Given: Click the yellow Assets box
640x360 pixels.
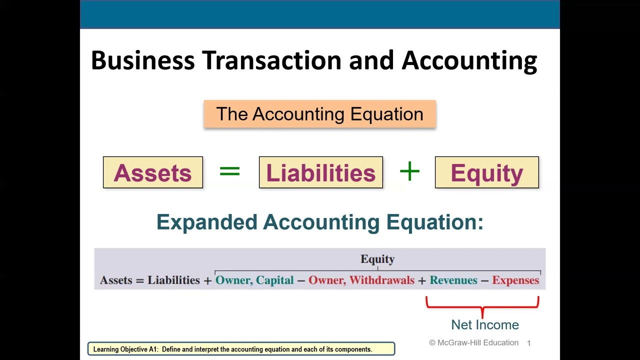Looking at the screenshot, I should (x=153, y=172).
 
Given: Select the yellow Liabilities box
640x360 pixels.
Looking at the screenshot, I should (x=320, y=172).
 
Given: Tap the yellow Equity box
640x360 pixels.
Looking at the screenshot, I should (x=486, y=172).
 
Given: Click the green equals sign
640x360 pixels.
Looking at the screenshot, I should (x=229, y=171).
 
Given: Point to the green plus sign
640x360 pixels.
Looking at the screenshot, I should (x=409, y=171).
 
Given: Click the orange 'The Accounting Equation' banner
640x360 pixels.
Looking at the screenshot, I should (x=319, y=114).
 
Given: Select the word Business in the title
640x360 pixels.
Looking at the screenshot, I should (x=142, y=60).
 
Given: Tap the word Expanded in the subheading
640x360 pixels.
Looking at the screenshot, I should (x=206, y=222).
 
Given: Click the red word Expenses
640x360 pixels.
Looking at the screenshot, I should (x=515, y=280).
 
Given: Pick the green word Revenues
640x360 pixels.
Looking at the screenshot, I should (x=453, y=280).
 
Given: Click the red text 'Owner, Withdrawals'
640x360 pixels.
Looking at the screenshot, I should (x=361, y=280).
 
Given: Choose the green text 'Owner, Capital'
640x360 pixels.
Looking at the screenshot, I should (x=254, y=280).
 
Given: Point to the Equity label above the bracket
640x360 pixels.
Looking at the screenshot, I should (x=377, y=259).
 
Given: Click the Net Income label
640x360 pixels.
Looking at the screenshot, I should (x=485, y=324).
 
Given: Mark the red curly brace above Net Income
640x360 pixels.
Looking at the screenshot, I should (x=482, y=304).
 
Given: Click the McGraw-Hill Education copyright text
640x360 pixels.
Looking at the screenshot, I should (x=473, y=342).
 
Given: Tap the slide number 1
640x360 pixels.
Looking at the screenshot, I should (x=528, y=343).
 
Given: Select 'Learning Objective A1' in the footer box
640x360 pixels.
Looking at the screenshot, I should (x=125, y=349).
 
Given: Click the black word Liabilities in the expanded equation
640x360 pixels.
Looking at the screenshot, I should (x=173, y=280).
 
